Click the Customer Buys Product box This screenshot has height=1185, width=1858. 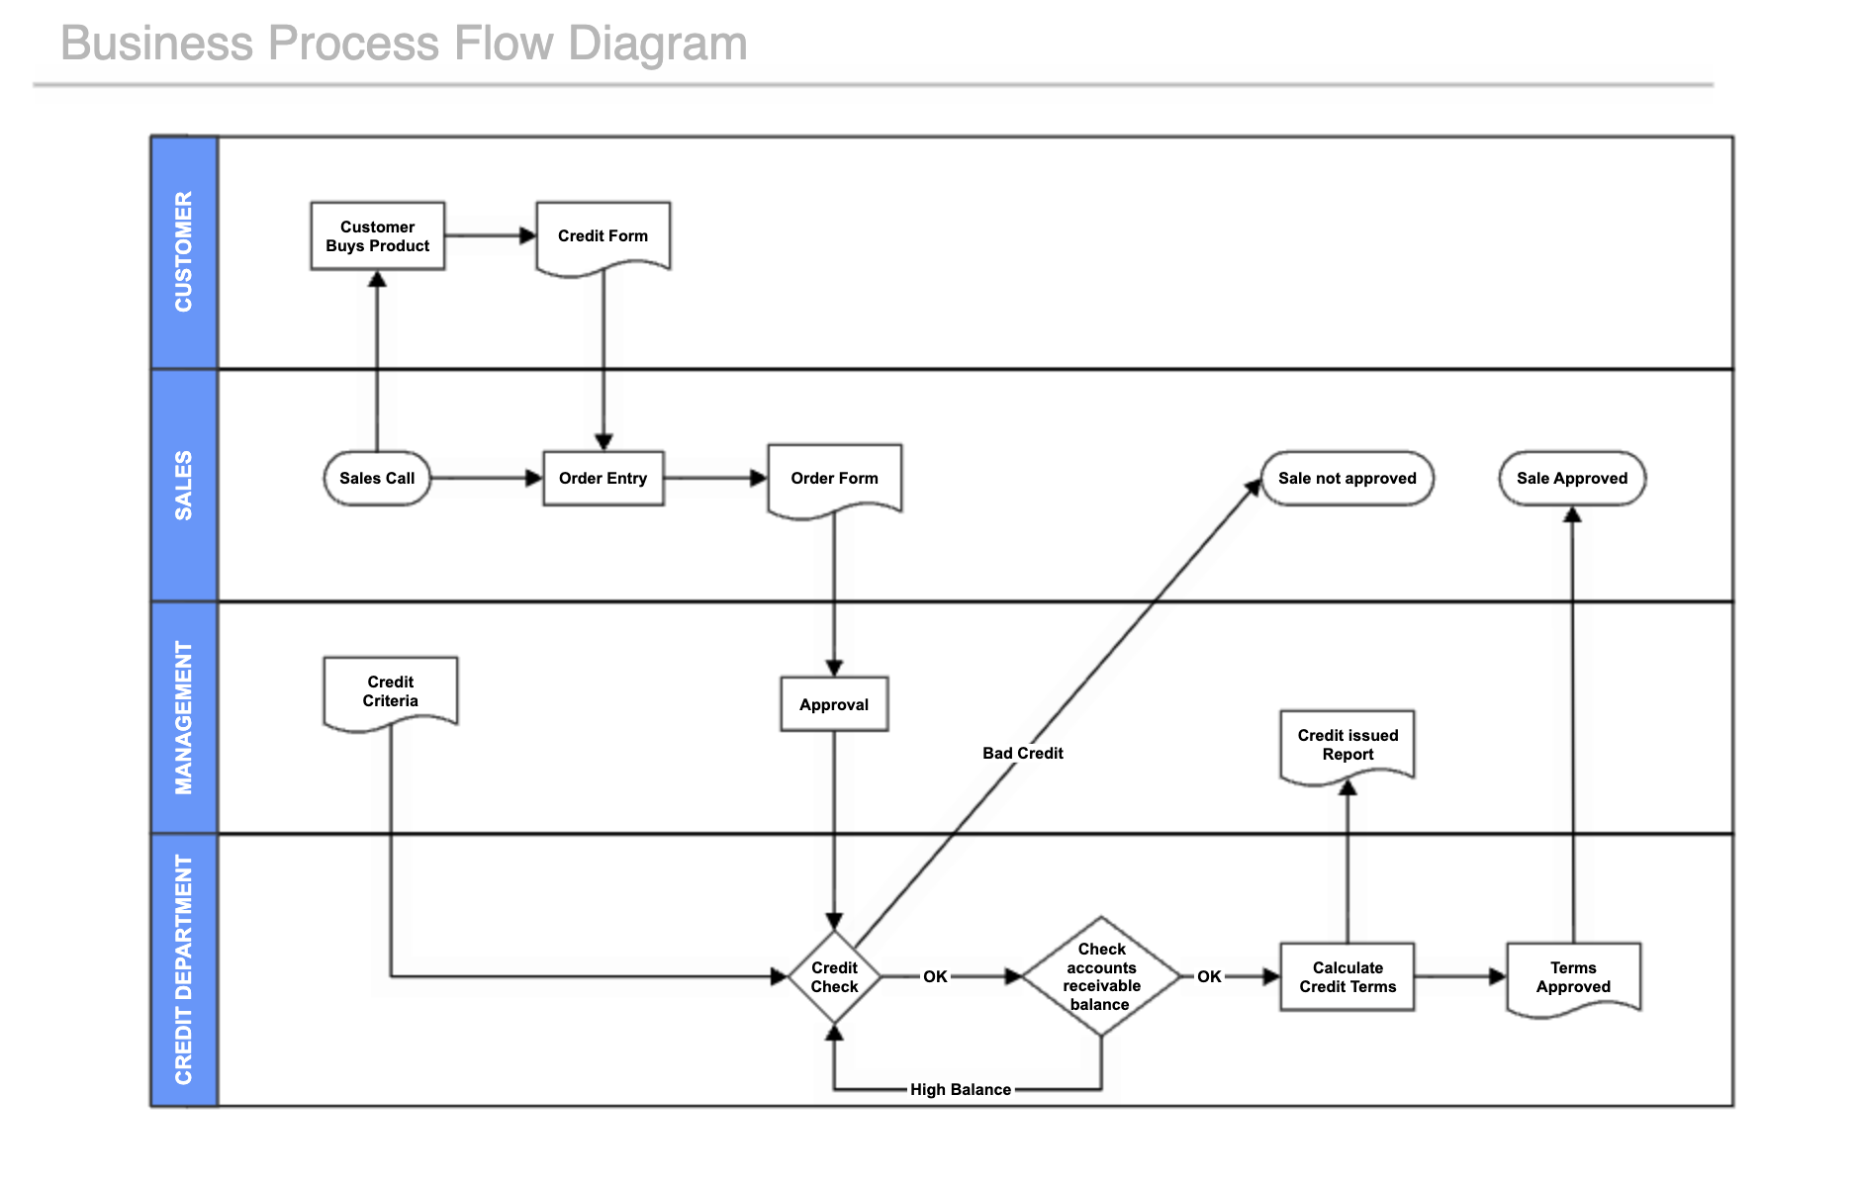377,236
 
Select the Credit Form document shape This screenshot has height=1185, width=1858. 603,236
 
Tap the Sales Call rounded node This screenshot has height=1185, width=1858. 377,479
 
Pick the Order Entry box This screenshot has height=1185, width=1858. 603,479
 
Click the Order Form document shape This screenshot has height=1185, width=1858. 834,479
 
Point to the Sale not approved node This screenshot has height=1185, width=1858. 1347,479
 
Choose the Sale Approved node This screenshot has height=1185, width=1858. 1571,479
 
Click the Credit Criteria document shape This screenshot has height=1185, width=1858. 390,691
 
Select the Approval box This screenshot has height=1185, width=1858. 834,704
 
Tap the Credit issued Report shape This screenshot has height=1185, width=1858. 1347,745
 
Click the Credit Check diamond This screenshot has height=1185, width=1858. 834,977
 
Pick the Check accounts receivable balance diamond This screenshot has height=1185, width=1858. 1101,977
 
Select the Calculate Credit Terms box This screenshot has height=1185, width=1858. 1347,977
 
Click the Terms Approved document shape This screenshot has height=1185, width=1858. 1573,977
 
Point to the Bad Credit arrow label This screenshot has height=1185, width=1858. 1022,754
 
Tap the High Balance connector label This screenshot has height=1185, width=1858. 960,1090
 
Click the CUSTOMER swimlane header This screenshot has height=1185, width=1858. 184,252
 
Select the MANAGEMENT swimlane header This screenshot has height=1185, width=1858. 184,717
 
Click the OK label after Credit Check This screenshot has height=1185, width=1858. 935,977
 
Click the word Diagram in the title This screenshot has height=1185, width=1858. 658,44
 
